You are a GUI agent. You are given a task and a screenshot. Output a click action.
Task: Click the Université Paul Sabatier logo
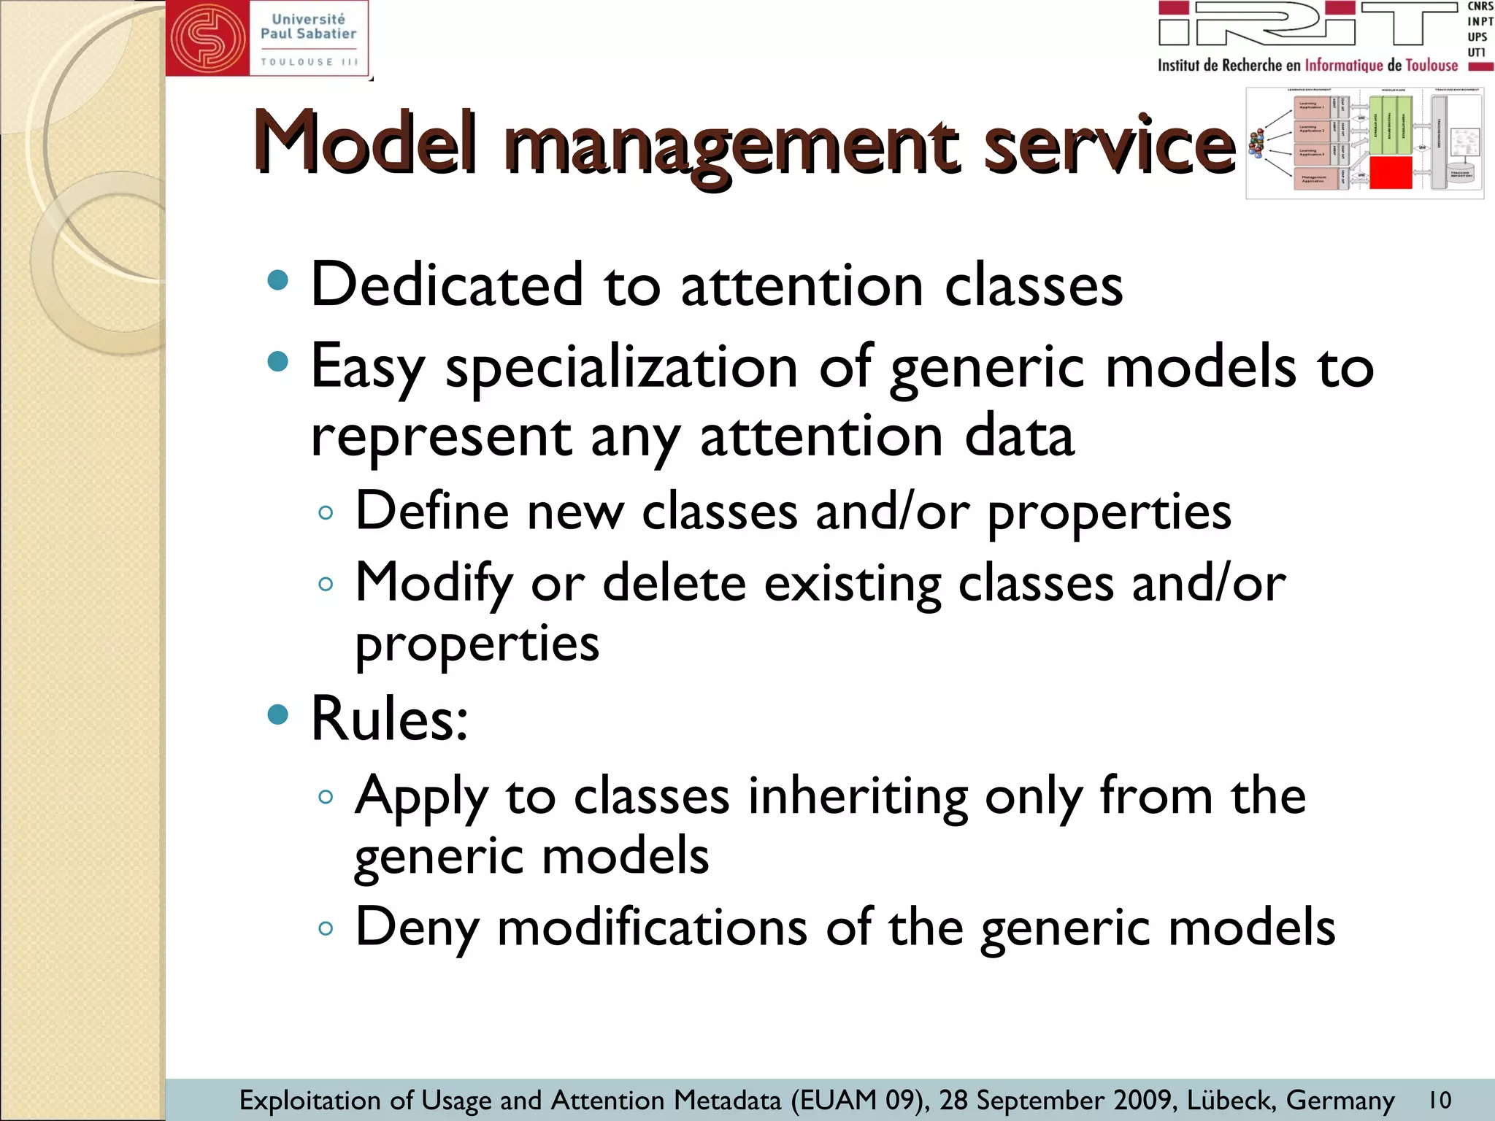pyautogui.click(x=267, y=38)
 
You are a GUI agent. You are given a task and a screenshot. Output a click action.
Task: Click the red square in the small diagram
pyautogui.click(x=1391, y=173)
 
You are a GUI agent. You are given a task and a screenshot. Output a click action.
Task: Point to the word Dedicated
pyautogui.click(x=447, y=285)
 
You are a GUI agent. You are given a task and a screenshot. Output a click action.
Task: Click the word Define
pyautogui.click(x=431, y=511)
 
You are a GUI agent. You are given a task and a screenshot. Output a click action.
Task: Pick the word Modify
pyautogui.click(x=434, y=585)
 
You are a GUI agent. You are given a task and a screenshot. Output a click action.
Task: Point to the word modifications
pyautogui.click(x=652, y=928)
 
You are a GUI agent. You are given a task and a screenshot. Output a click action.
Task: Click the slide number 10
pyautogui.click(x=1440, y=1100)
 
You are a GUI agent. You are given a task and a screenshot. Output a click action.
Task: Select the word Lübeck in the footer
pyautogui.click(x=1231, y=1100)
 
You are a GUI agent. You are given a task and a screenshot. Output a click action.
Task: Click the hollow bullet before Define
pyautogui.click(x=326, y=512)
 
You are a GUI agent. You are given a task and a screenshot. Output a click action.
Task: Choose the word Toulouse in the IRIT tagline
pyautogui.click(x=1431, y=66)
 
